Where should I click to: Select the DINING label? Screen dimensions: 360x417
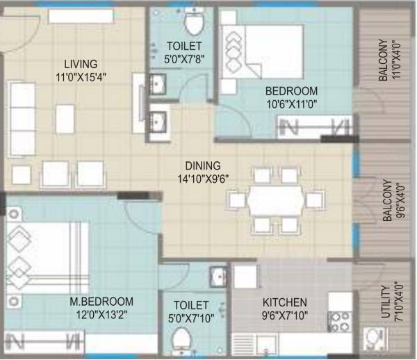(202, 166)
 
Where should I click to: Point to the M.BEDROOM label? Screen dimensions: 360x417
(101, 302)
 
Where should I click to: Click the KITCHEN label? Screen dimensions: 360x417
(284, 303)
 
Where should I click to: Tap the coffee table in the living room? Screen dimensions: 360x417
(65, 116)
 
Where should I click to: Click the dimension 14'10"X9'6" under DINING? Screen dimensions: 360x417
(202, 178)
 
